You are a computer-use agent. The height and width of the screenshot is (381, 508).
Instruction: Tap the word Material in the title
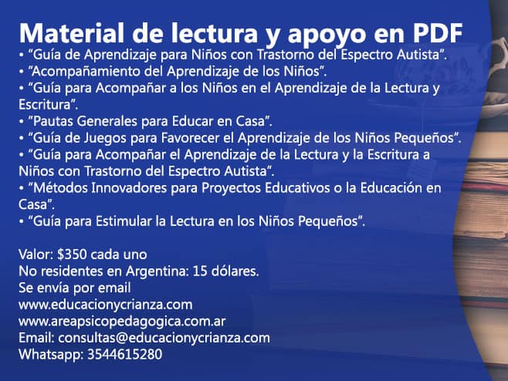point(72,32)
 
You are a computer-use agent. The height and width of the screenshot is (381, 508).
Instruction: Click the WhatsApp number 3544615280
point(125,354)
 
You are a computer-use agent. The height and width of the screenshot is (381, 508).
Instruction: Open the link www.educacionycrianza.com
point(106,305)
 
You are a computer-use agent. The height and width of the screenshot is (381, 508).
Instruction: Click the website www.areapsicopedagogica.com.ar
point(122,322)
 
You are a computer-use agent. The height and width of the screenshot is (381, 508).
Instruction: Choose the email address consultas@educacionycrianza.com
point(164,338)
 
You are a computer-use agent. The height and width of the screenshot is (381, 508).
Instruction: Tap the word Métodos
point(60,187)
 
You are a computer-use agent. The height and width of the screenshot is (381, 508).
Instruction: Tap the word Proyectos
point(232,188)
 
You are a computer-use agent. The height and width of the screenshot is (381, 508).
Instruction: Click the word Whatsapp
point(51,355)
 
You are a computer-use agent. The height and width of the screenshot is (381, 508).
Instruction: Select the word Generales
point(107,121)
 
